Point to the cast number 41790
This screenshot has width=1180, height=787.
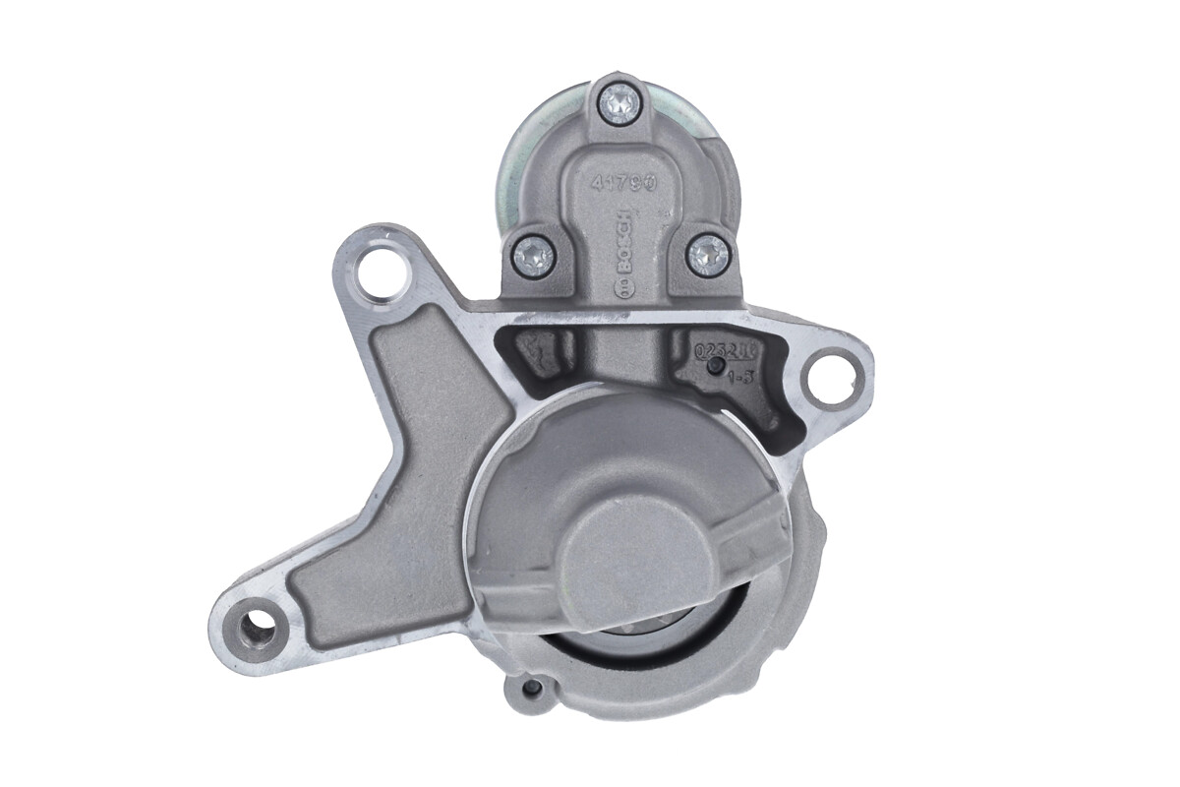click(x=622, y=184)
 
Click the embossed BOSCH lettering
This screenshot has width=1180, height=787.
click(x=622, y=241)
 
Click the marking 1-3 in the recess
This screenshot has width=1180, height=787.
click(x=740, y=375)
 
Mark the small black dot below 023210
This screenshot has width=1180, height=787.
click(x=717, y=367)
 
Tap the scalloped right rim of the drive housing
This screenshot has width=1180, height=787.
click(x=801, y=551)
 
